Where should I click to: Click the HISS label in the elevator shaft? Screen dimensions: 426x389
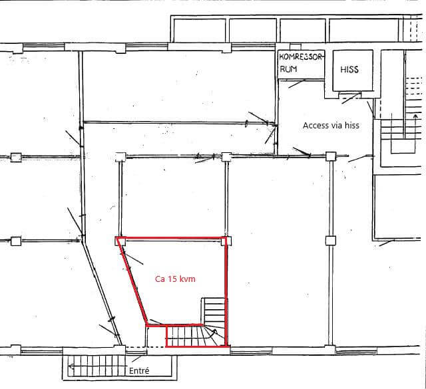click(349, 70)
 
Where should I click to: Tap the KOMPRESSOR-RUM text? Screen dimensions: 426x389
click(301, 63)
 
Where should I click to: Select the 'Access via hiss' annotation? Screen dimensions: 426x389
click(331, 126)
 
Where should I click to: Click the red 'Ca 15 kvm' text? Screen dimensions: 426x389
click(175, 279)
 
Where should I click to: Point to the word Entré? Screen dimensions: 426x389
click(139, 370)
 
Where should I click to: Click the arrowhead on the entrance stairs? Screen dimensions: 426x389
click(71, 366)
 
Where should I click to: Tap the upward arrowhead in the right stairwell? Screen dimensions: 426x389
click(415, 117)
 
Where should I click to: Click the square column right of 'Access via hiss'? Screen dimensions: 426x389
click(331, 156)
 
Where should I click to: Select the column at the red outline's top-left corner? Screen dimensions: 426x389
click(120, 241)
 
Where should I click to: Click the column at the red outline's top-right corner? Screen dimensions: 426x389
click(226, 241)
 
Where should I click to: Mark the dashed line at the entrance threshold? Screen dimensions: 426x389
click(146, 346)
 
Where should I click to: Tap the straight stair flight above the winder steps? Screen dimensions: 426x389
click(214, 311)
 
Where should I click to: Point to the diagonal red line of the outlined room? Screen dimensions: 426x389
click(132, 281)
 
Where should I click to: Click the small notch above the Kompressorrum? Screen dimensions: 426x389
click(296, 47)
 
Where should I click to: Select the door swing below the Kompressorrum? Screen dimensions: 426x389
click(297, 84)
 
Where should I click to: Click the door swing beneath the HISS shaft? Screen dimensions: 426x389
click(351, 98)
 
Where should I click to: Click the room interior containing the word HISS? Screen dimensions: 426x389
click(353, 70)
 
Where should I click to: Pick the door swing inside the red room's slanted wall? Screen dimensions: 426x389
click(132, 259)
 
